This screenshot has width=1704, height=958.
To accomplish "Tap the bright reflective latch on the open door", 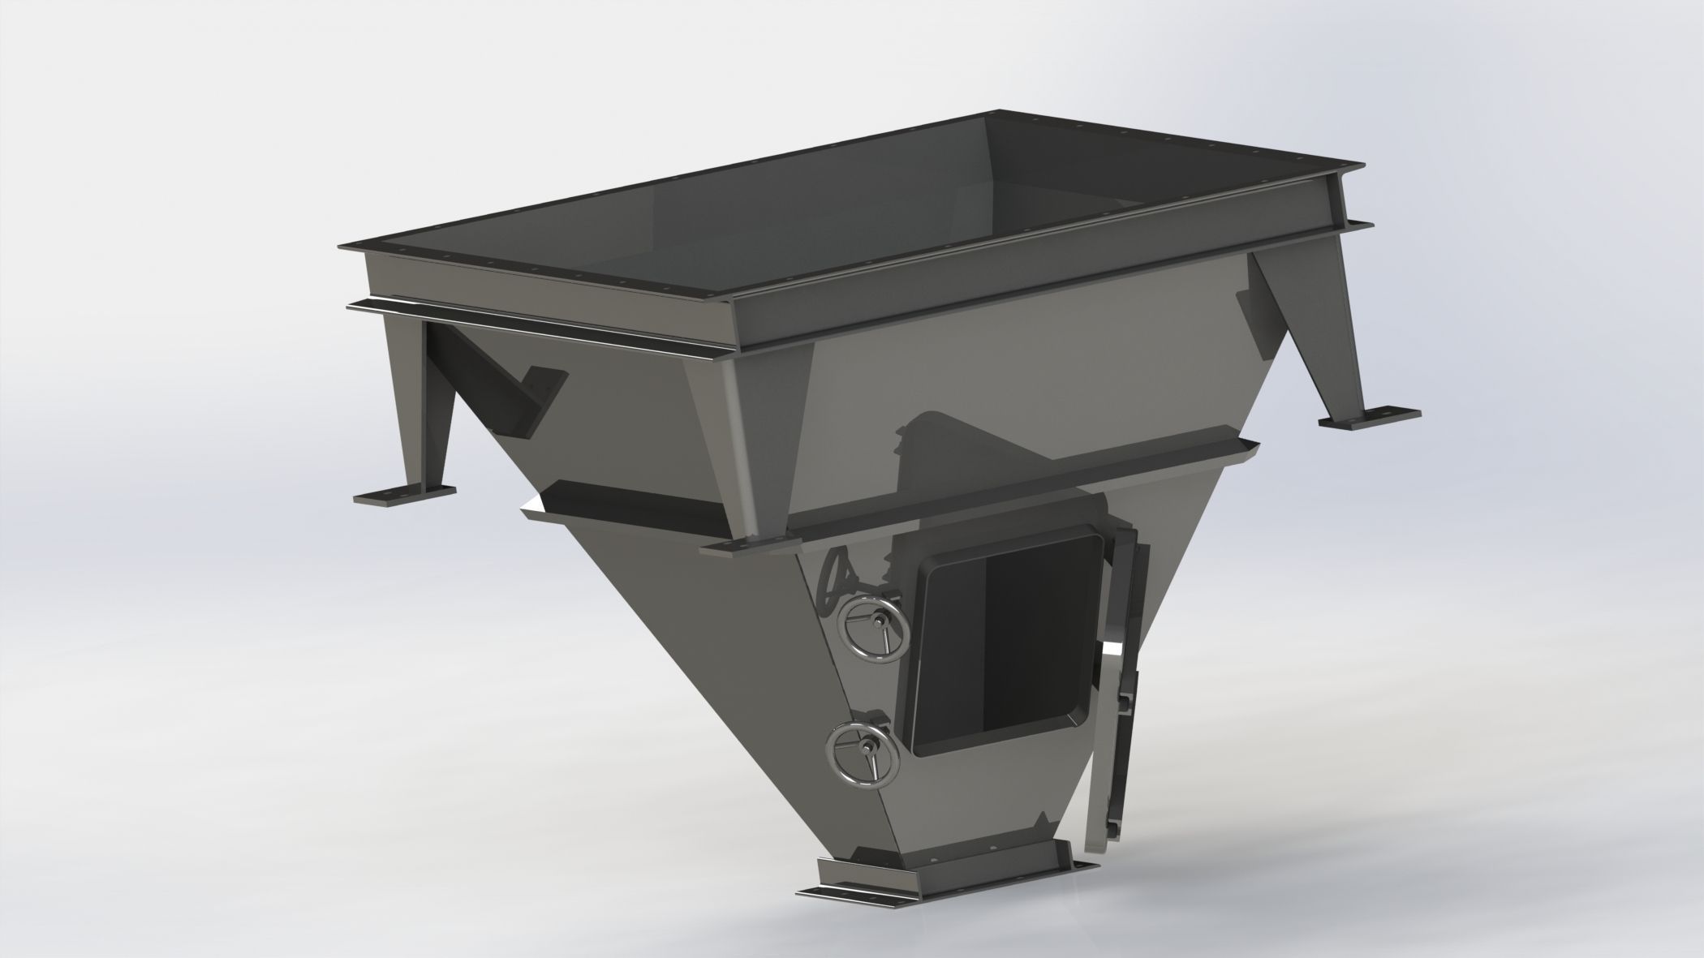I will coord(1115,649).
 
